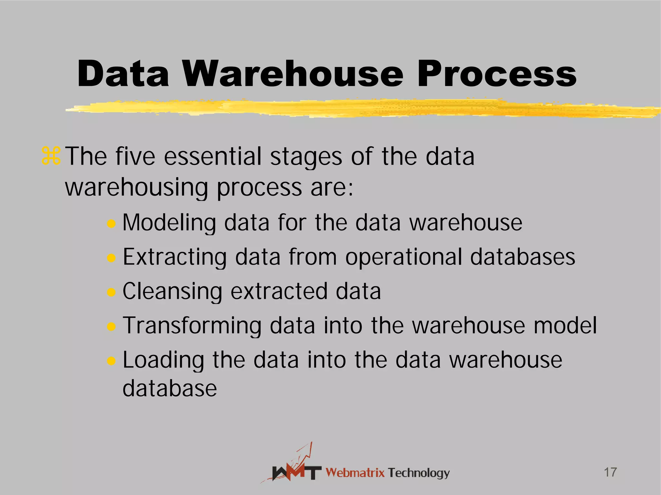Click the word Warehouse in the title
293,74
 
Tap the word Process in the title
497,74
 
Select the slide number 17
610,472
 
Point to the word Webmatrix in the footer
355,473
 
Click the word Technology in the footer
419,473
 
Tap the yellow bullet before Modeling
111,224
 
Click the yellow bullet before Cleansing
111,292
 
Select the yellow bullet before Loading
111,361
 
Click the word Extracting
175,257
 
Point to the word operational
403,257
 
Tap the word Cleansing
172,291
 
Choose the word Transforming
192,326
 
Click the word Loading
163,360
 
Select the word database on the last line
170,388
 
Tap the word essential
212,157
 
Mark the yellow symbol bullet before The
51,156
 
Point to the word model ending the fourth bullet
565,325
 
